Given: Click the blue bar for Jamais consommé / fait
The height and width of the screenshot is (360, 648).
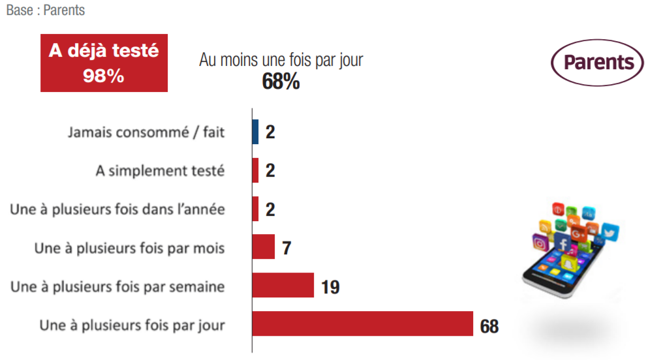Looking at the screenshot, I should click(x=256, y=132).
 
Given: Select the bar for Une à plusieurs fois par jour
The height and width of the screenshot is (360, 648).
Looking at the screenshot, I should click(x=362, y=323).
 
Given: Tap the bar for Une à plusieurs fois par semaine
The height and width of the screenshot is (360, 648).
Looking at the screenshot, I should click(x=283, y=285).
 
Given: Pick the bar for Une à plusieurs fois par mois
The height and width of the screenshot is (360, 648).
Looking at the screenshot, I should click(x=263, y=247).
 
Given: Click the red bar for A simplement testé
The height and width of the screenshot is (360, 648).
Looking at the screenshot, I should click(x=256, y=170).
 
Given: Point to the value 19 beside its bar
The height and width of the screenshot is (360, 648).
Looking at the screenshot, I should click(x=330, y=286).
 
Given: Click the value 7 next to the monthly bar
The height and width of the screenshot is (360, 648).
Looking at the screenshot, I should click(x=286, y=248).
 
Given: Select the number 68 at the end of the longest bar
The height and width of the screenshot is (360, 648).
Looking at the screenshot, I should click(x=489, y=325).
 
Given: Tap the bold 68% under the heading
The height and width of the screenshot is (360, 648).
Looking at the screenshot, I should click(x=281, y=82).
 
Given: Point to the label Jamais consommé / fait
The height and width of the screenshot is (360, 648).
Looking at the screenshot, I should click(x=146, y=132).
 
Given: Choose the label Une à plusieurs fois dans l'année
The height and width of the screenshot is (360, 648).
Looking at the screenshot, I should click(x=117, y=209).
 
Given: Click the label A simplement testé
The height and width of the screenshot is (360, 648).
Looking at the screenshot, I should click(x=160, y=171).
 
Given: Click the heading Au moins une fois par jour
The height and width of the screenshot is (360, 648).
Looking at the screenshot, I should click(x=281, y=60).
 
